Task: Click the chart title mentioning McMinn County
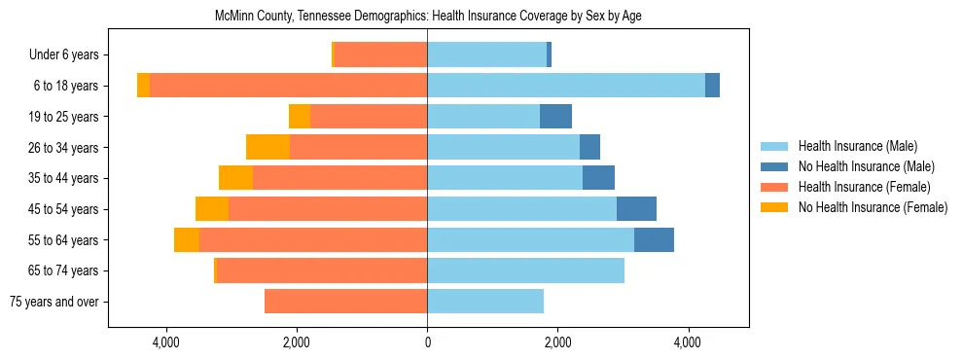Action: click(x=428, y=16)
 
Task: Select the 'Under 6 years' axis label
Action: click(x=70, y=55)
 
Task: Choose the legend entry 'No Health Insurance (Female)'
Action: click(x=873, y=207)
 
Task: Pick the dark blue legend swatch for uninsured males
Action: click(x=775, y=166)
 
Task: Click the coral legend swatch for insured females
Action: click(x=775, y=187)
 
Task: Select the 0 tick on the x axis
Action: click(x=427, y=342)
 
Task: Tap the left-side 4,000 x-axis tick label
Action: click(x=166, y=342)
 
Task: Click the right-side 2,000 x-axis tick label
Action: click(x=557, y=342)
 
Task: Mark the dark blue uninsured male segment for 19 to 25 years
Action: click(x=555, y=117)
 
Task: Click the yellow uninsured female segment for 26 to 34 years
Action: click(x=267, y=147)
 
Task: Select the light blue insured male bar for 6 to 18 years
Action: click(x=566, y=86)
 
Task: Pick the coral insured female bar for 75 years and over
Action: click(x=345, y=302)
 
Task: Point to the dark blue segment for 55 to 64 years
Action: click(x=654, y=240)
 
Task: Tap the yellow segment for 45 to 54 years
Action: click(x=212, y=209)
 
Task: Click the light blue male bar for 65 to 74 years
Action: click(x=525, y=270)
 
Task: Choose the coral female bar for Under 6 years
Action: click(x=380, y=55)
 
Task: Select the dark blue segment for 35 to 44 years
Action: click(x=598, y=178)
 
